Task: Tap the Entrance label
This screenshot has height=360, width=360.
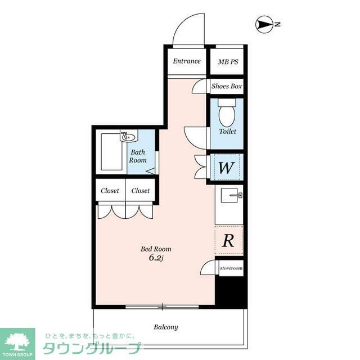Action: coord(186,61)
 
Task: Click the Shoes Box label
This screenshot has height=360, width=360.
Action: coord(226,87)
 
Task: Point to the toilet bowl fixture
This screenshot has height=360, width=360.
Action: coord(227,115)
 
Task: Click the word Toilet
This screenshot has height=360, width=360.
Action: coord(227,132)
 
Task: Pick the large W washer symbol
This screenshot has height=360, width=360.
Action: coord(226,167)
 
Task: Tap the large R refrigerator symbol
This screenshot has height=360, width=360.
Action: coord(228,241)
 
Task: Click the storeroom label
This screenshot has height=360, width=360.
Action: coord(231,268)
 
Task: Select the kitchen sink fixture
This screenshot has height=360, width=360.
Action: coord(231,196)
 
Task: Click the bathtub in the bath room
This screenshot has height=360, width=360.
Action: coord(111,153)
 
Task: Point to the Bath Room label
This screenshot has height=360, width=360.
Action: coord(138,156)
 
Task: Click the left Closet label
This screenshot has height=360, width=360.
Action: coord(110,191)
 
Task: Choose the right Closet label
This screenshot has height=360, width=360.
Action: coord(141,191)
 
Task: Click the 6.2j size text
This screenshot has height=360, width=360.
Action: coord(156,258)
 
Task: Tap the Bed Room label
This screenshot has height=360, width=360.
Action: coord(156,249)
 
